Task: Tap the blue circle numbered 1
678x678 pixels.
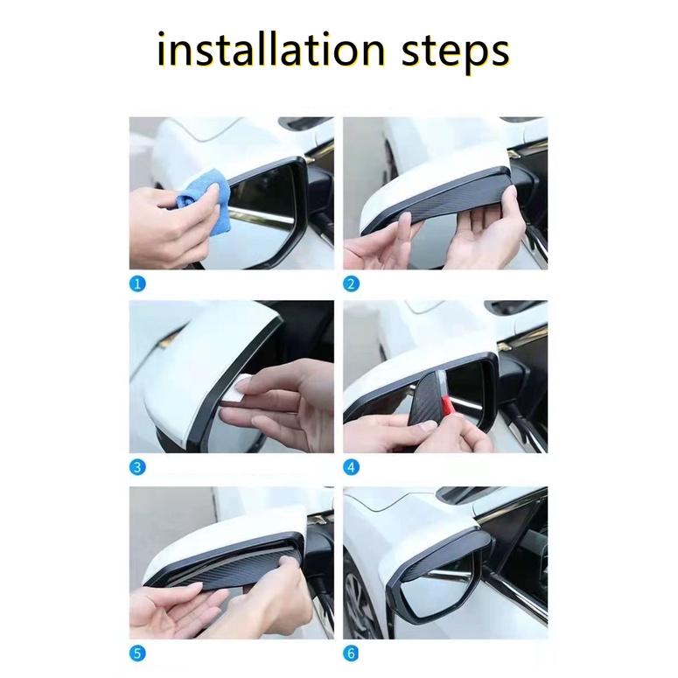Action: click(x=137, y=283)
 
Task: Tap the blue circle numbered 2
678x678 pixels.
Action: click(x=351, y=283)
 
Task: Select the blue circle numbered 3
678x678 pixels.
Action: click(x=137, y=467)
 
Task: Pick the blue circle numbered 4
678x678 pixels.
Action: click(x=351, y=467)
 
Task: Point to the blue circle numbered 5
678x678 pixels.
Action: click(x=137, y=654)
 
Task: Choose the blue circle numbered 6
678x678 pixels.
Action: click(x=351, y=654)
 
